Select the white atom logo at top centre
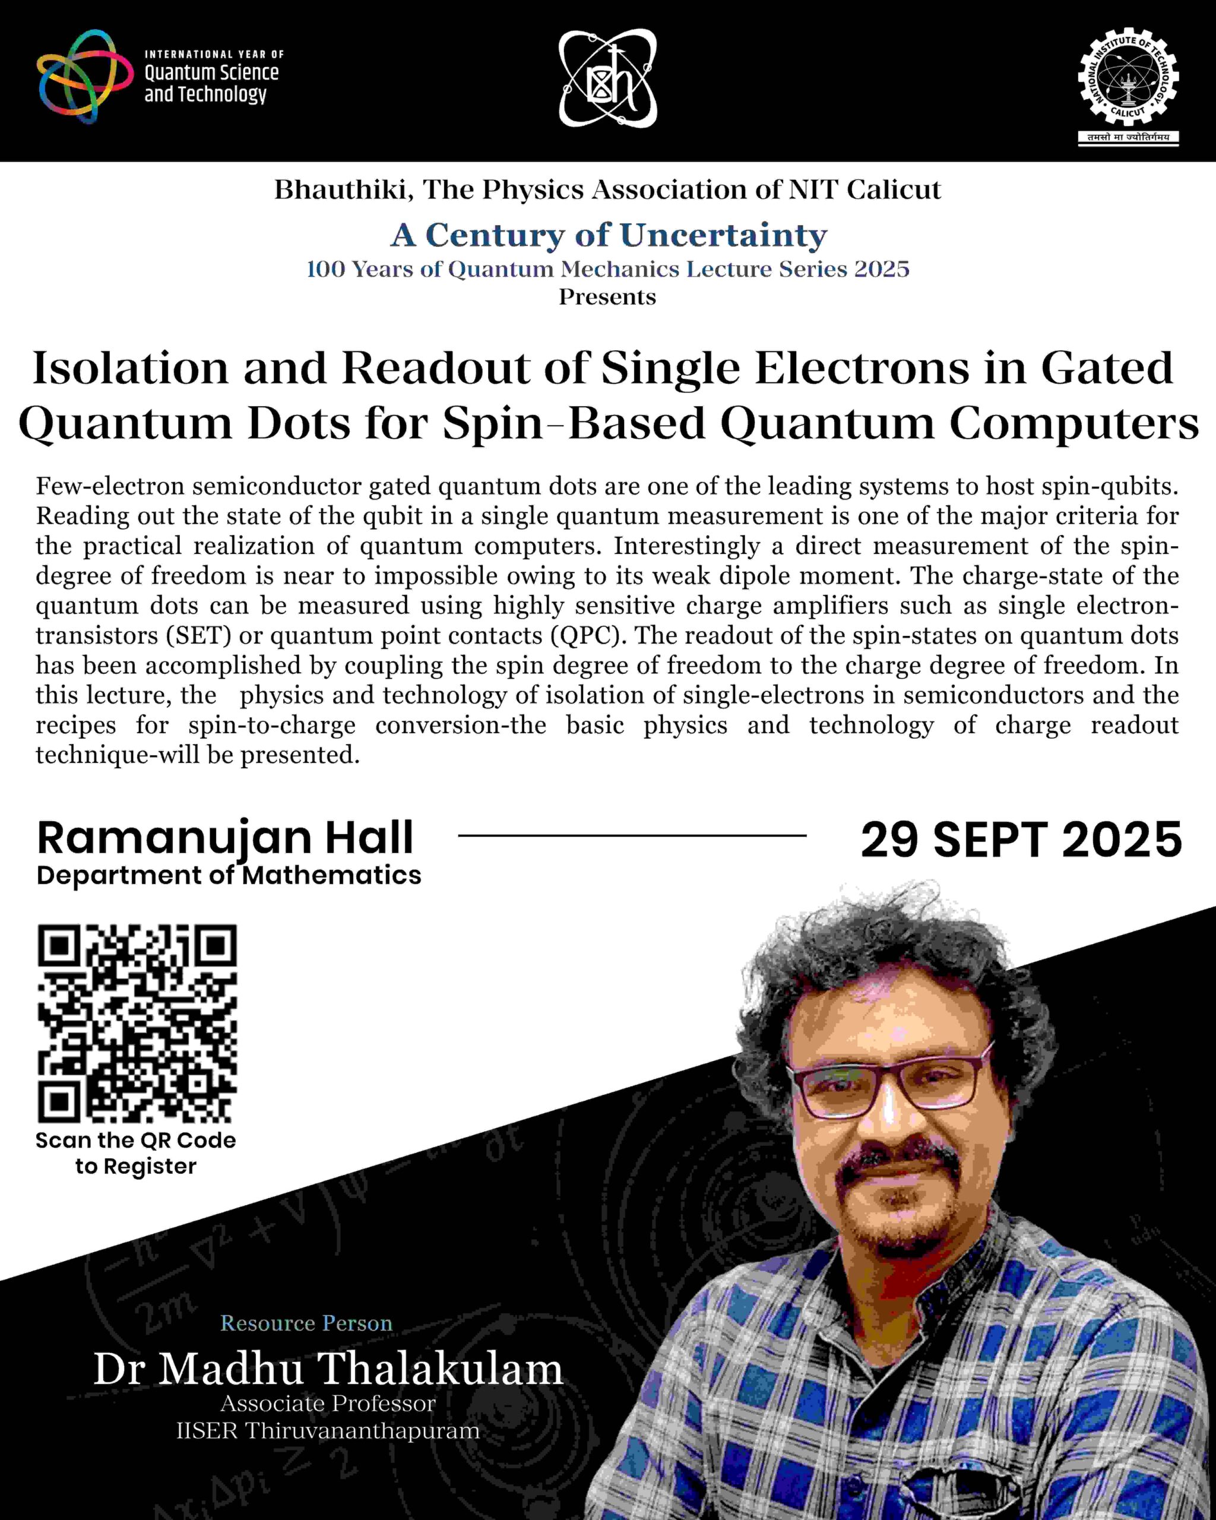607,79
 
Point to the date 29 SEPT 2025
1021,840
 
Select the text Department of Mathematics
229,876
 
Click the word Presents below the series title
607,297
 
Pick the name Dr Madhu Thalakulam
328,1370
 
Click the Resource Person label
306,1323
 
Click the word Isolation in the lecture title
131,369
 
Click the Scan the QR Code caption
136,1141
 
